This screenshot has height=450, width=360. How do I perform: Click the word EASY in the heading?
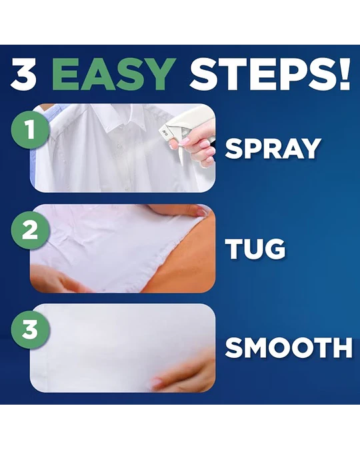coord(113,74)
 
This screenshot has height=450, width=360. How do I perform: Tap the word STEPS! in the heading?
coord(270,74)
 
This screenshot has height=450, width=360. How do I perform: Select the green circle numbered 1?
coord(30,129)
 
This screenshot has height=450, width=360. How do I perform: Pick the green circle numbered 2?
coord(30,230)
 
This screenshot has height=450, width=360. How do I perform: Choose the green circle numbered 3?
coord(30,329)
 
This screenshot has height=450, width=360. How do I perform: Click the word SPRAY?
coord(273,149)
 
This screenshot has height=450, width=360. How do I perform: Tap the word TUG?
coord(255,249)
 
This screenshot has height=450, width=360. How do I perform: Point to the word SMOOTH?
coord(289,348)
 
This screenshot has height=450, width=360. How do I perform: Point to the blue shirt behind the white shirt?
coord(43,129)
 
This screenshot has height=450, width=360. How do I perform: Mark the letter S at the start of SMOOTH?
coord(235,348)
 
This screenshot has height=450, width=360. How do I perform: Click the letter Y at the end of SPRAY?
coord(311,149)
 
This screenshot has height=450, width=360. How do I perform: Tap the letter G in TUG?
coord(275,249)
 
